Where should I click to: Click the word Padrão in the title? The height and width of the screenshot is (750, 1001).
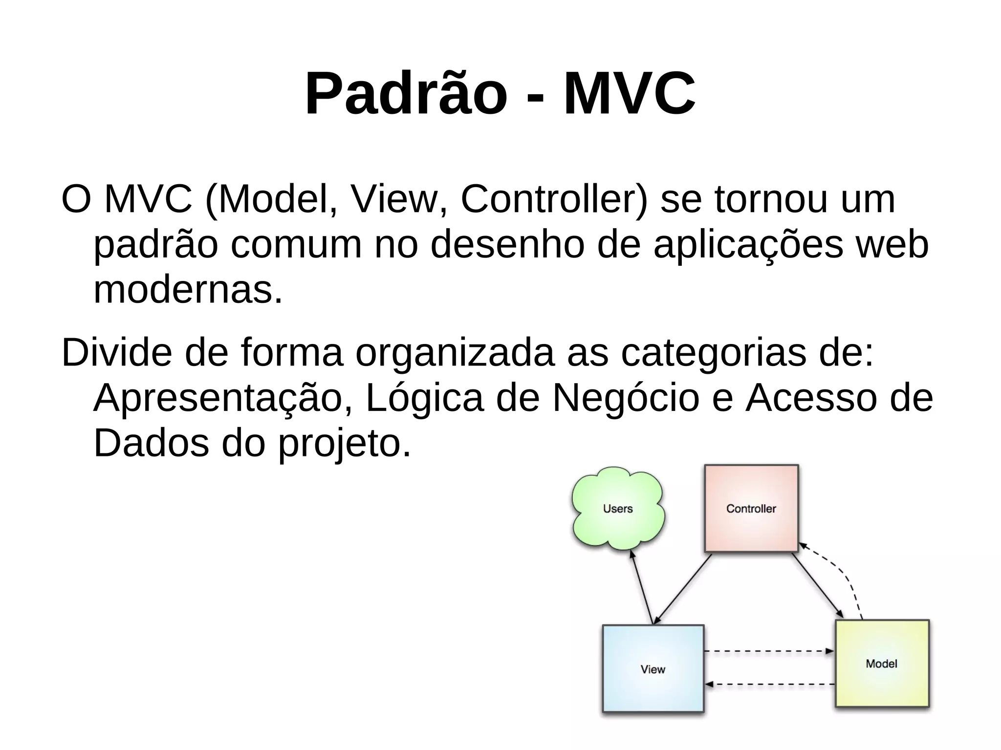pyautogui.click(x=406, y=94)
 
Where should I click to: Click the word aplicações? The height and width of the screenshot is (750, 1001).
pyautogui.click(x=748, y=245)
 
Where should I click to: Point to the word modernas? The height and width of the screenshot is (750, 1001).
pyautogui.click(x=188, y=290)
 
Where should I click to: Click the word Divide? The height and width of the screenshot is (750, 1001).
pyautogui.click(x=116, y=353)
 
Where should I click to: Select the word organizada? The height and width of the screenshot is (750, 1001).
pyautogui.click(x=455, y=353)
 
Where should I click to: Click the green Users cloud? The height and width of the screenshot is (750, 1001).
pyautogui.click(x=618, y=509)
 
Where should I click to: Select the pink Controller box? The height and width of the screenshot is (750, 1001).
pyautogui.click(x=751, y=509)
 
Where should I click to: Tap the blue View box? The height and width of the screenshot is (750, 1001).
pyautogui.click(x=653, y=669)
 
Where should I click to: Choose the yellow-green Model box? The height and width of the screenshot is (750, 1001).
pyautogui.click(x=882, y=664)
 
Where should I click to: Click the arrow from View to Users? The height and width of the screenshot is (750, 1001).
pyautogui.click(x=641, y=588)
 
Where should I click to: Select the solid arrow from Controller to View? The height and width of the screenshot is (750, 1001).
pyautogui.click(x=683, y=589)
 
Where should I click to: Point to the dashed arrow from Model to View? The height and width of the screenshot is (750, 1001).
pyautogui.click(x=770, y=684)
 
